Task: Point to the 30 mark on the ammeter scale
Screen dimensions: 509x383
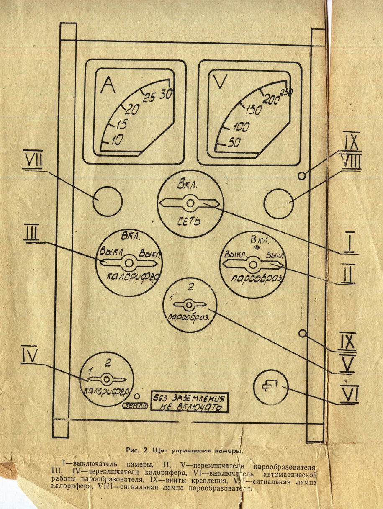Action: pos(166,94)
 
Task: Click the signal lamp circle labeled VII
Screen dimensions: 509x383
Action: pos(108,202)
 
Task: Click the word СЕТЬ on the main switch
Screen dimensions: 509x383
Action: pos(190,220)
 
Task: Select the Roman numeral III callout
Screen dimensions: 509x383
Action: pos(31,234)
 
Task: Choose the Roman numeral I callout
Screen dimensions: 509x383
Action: pos(348,243)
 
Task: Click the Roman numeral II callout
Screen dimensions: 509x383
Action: pos(348,273)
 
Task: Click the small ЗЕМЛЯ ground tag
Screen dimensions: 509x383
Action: pos(132,405)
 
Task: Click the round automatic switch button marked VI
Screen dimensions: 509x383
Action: pos(271,387)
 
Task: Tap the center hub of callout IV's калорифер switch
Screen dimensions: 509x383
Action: pos(106,379)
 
